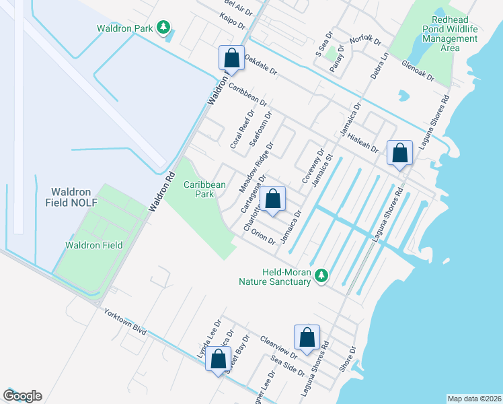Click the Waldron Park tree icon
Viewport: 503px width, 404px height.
point(163,28)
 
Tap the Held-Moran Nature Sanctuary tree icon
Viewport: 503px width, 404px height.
point(322,275)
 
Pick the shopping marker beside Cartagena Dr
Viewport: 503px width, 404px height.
point(272,199)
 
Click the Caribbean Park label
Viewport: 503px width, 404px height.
point(206,189)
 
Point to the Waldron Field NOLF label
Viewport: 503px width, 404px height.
point(85,197)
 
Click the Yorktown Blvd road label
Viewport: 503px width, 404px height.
point(124,324)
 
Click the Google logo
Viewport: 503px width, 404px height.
point(22,396)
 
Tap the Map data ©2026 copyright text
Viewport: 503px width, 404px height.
point(474,399)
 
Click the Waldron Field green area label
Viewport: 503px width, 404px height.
point(93,245)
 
